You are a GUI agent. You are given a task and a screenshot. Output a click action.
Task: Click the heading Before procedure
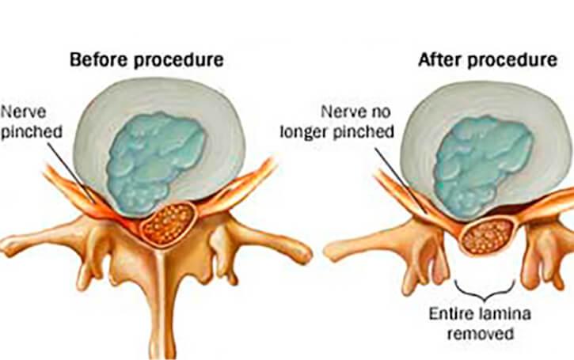point(146,60)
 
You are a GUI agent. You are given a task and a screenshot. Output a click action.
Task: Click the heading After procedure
point(488,60)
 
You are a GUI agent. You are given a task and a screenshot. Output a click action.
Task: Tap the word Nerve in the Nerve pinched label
point(24,112)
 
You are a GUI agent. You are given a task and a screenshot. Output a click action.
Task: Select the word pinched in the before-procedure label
point(32,131)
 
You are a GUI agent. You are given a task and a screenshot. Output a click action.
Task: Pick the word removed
point(481,334)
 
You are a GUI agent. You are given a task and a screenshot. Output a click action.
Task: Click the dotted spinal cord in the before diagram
point(169,224)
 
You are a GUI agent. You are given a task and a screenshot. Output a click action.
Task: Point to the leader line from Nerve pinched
point(70,171)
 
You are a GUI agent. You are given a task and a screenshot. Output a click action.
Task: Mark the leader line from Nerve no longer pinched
point(401,180)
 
